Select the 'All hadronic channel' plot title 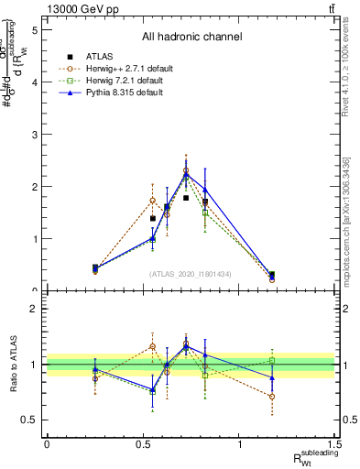pyautogui.click(x=191, y=37)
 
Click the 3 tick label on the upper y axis pyautogui.click(x=36, y=135)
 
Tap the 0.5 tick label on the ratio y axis pyautogui.click(x=32, y=420)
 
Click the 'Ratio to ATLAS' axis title pyautogui.click(x=12, y=364)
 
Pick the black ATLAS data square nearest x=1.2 pyautogui.click(x=272, y=274)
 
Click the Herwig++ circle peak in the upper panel pyautogui.click(x=185, y=170)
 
